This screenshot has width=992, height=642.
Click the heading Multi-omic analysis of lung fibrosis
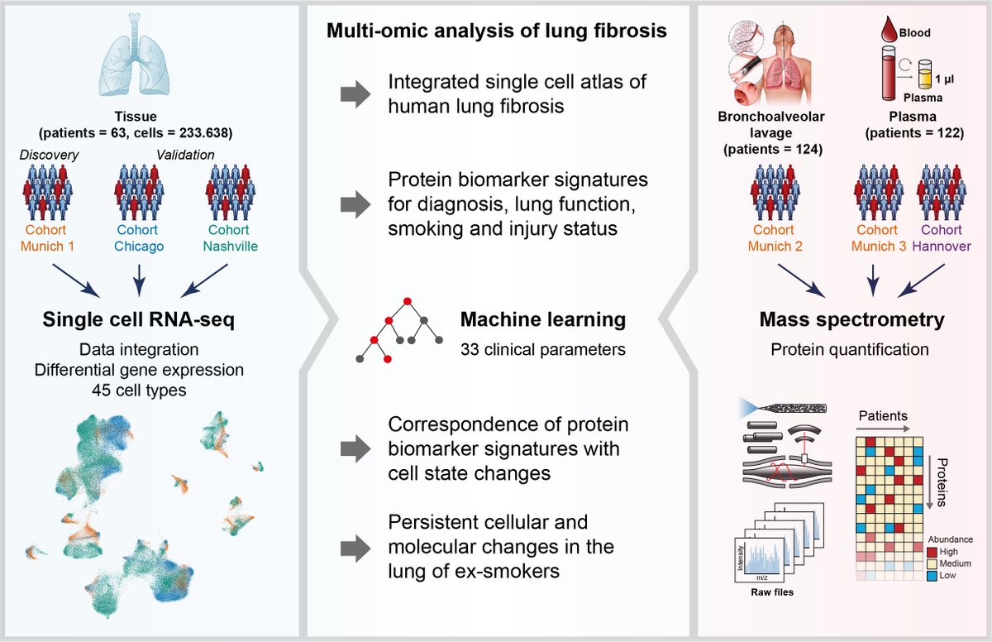tap(496, 32)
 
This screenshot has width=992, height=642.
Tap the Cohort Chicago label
tap(139, 237)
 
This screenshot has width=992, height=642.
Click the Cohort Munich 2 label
tap(775, 237)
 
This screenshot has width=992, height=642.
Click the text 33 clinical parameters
tap(542, 349)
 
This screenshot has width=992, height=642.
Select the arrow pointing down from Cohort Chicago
tap(139, 276)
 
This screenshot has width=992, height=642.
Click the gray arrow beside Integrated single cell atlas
tap(356, 94)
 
